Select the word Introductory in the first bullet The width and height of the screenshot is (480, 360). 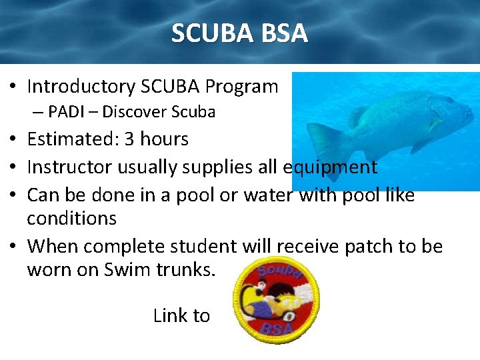[x=81, y=87]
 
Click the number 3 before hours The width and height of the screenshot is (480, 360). [x=129, y=139]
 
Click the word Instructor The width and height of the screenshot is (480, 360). [x=70, y=167]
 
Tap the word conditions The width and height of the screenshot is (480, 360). [x=71, y=219]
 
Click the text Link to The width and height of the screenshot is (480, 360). [x=181, y=315]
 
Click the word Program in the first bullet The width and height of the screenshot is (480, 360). [x=241, y=87]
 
